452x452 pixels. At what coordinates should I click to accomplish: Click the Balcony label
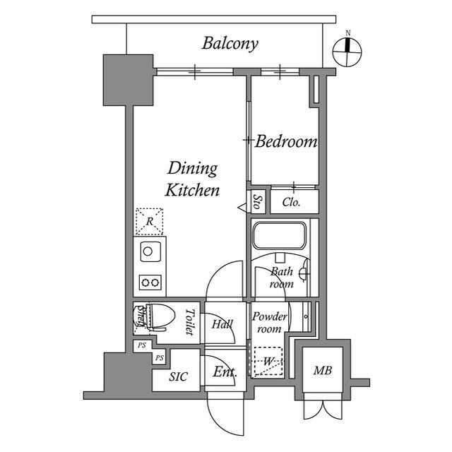[230, 43]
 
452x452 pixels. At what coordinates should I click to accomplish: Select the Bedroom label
[285, 142]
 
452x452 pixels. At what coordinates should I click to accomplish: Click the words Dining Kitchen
[192, 179]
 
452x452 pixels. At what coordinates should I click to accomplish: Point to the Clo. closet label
[291, 202]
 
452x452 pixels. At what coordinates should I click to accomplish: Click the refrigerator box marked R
[149, 222]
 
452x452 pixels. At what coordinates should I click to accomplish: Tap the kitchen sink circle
[149, 250]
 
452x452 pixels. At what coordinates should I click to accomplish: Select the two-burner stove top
[150, 282]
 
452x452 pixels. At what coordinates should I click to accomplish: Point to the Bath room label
[281, 278]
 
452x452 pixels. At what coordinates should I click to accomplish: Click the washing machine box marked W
[268, 361]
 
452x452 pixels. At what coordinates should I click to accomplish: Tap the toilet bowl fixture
[157, 316]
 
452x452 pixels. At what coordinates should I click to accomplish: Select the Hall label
[222, 324]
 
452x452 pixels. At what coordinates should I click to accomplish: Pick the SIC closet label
[178, 376]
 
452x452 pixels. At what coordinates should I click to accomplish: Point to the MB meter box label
[323, 371]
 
